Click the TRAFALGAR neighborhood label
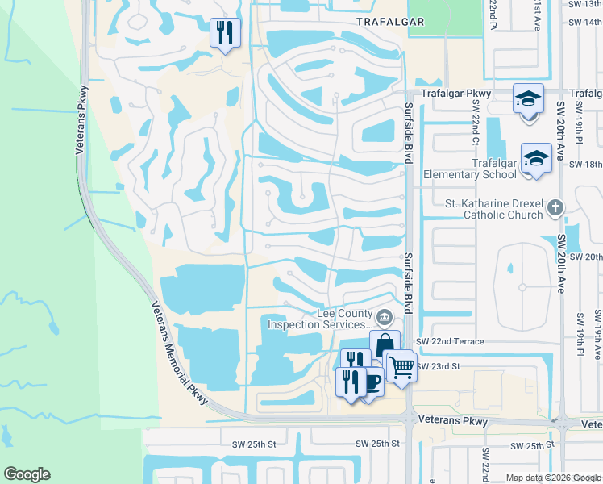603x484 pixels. click(x=390, y=22)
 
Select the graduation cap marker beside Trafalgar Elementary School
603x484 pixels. click(x=536, y=158)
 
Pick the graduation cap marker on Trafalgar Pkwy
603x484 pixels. click(x=528, y=99)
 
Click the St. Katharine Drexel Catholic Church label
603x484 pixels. click(x=494, y=209)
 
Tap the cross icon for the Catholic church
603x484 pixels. click(x=554, y=209)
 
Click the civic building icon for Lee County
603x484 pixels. click(x=385, y=315)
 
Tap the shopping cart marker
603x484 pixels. click(x=401, y=366)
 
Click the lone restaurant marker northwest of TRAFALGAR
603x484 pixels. click(x=223, y=33)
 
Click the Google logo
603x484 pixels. click(x=27, y=474)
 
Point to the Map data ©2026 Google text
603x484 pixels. click(x=554, y=478)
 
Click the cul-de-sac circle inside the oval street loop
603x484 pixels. click(x=522, y=287)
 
